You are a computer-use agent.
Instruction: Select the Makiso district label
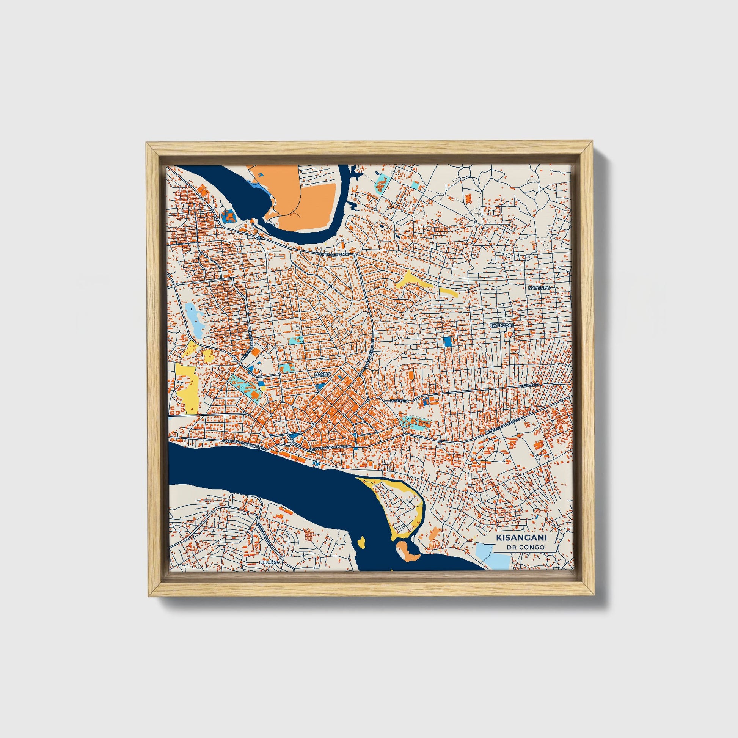[322, 375]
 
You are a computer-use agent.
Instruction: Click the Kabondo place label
[539, 287]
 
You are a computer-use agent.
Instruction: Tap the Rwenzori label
[502, 325]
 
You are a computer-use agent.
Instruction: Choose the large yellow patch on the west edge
[187, 388]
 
